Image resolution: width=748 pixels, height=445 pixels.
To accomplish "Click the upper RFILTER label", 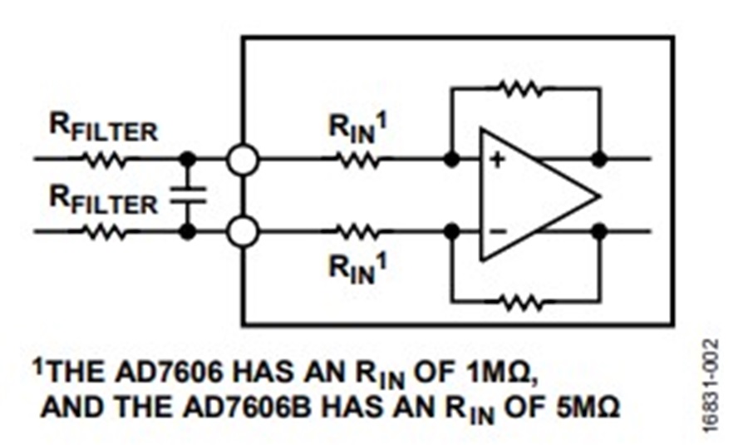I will coord(104,131).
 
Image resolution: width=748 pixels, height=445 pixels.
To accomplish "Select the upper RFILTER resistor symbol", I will coord(106,159).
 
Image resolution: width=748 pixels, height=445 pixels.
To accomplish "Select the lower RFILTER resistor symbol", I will coord(106,231).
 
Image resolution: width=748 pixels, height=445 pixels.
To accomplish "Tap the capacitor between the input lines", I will coord(188,195).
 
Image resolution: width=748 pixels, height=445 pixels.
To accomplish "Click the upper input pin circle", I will coord(242,159).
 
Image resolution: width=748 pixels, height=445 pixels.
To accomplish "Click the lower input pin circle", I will coord(242,231).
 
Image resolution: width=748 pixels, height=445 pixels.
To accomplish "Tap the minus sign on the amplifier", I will coord(497,230).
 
